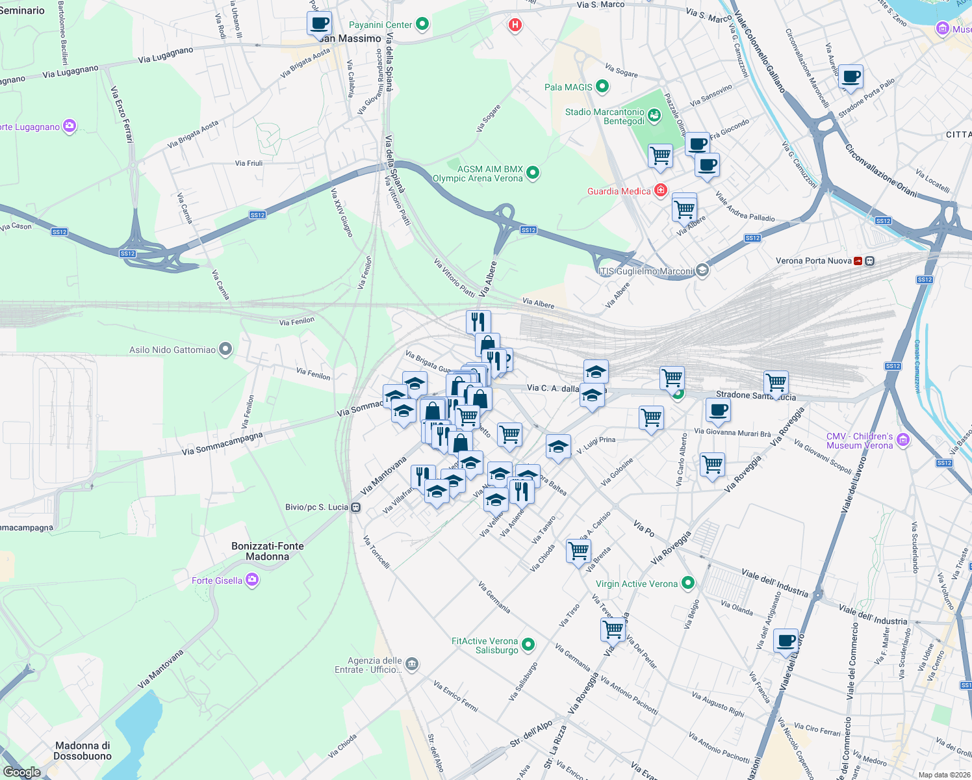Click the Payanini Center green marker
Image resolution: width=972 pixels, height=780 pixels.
coord(422,25)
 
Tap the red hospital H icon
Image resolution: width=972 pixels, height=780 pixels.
coord(515,25)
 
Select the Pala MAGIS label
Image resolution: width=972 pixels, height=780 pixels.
coord(568,87)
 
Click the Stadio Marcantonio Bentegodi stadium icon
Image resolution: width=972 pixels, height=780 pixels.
coord(654,116)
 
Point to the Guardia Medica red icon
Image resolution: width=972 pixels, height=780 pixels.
coord(661,190)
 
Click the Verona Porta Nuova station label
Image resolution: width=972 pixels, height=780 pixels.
coord(813,261)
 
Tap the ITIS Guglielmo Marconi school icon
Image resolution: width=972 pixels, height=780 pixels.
coord(702,270)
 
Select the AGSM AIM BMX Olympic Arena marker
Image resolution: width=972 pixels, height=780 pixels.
coord(533,172)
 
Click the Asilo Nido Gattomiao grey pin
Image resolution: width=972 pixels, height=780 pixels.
coord(225,350)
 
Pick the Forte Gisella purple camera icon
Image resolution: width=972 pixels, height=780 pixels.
coord(252,580)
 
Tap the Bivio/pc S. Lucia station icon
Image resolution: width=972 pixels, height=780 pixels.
coord(356,507)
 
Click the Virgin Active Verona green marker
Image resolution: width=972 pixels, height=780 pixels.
coord(688,583)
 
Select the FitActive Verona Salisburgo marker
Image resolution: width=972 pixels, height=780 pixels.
coord(528,644)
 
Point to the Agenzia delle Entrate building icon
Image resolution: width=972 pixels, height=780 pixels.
coord(412,664)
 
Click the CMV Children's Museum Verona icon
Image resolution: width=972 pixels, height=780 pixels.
coord(902,440)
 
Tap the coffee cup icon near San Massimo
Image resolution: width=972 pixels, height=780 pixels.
coord(319,24)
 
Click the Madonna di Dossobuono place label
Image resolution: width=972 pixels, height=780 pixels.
coord(83,751)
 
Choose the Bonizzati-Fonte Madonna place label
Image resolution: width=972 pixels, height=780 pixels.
coord(268,551)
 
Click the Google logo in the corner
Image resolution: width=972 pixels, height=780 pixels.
coord(22,772)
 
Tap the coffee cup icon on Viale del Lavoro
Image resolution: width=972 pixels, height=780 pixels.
coord(786,641)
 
